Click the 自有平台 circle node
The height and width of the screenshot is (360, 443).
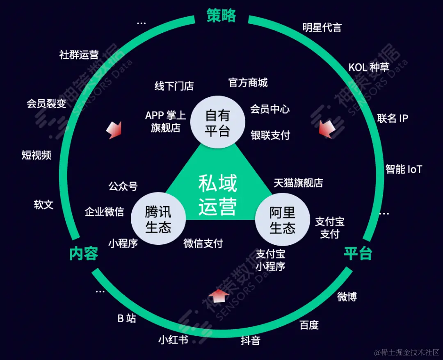click(x=218, y=122)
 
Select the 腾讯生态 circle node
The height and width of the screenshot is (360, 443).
click(x=158, y=219)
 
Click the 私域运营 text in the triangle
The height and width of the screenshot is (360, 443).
click(x=218, y=195)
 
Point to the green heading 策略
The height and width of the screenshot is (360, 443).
click(x=221, y=16)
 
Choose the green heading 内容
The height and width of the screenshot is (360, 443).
click(x=83, y=253)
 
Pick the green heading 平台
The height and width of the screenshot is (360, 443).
click(x=358, y=253)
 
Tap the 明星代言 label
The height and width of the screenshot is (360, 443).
click(x=322, y=27)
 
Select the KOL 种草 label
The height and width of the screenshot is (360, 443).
click(x=369, y=67)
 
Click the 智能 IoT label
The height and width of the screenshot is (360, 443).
click(x=404, y=169)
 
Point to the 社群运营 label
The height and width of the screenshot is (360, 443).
click(x=79, y=55)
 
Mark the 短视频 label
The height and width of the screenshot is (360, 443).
click(x=37, y=155)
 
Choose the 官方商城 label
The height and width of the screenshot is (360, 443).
click(x=248, y=83)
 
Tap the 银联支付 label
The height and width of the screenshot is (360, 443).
click(x=270, y=135)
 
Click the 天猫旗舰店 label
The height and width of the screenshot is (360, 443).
click(x=298, y=183)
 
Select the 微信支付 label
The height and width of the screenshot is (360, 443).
click(x=203, y=243)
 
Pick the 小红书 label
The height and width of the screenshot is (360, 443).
click(x=173, y=339)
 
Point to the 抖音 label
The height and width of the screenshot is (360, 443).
click(x=250, y=340)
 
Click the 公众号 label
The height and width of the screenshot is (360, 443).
click(x=123, y=186)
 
